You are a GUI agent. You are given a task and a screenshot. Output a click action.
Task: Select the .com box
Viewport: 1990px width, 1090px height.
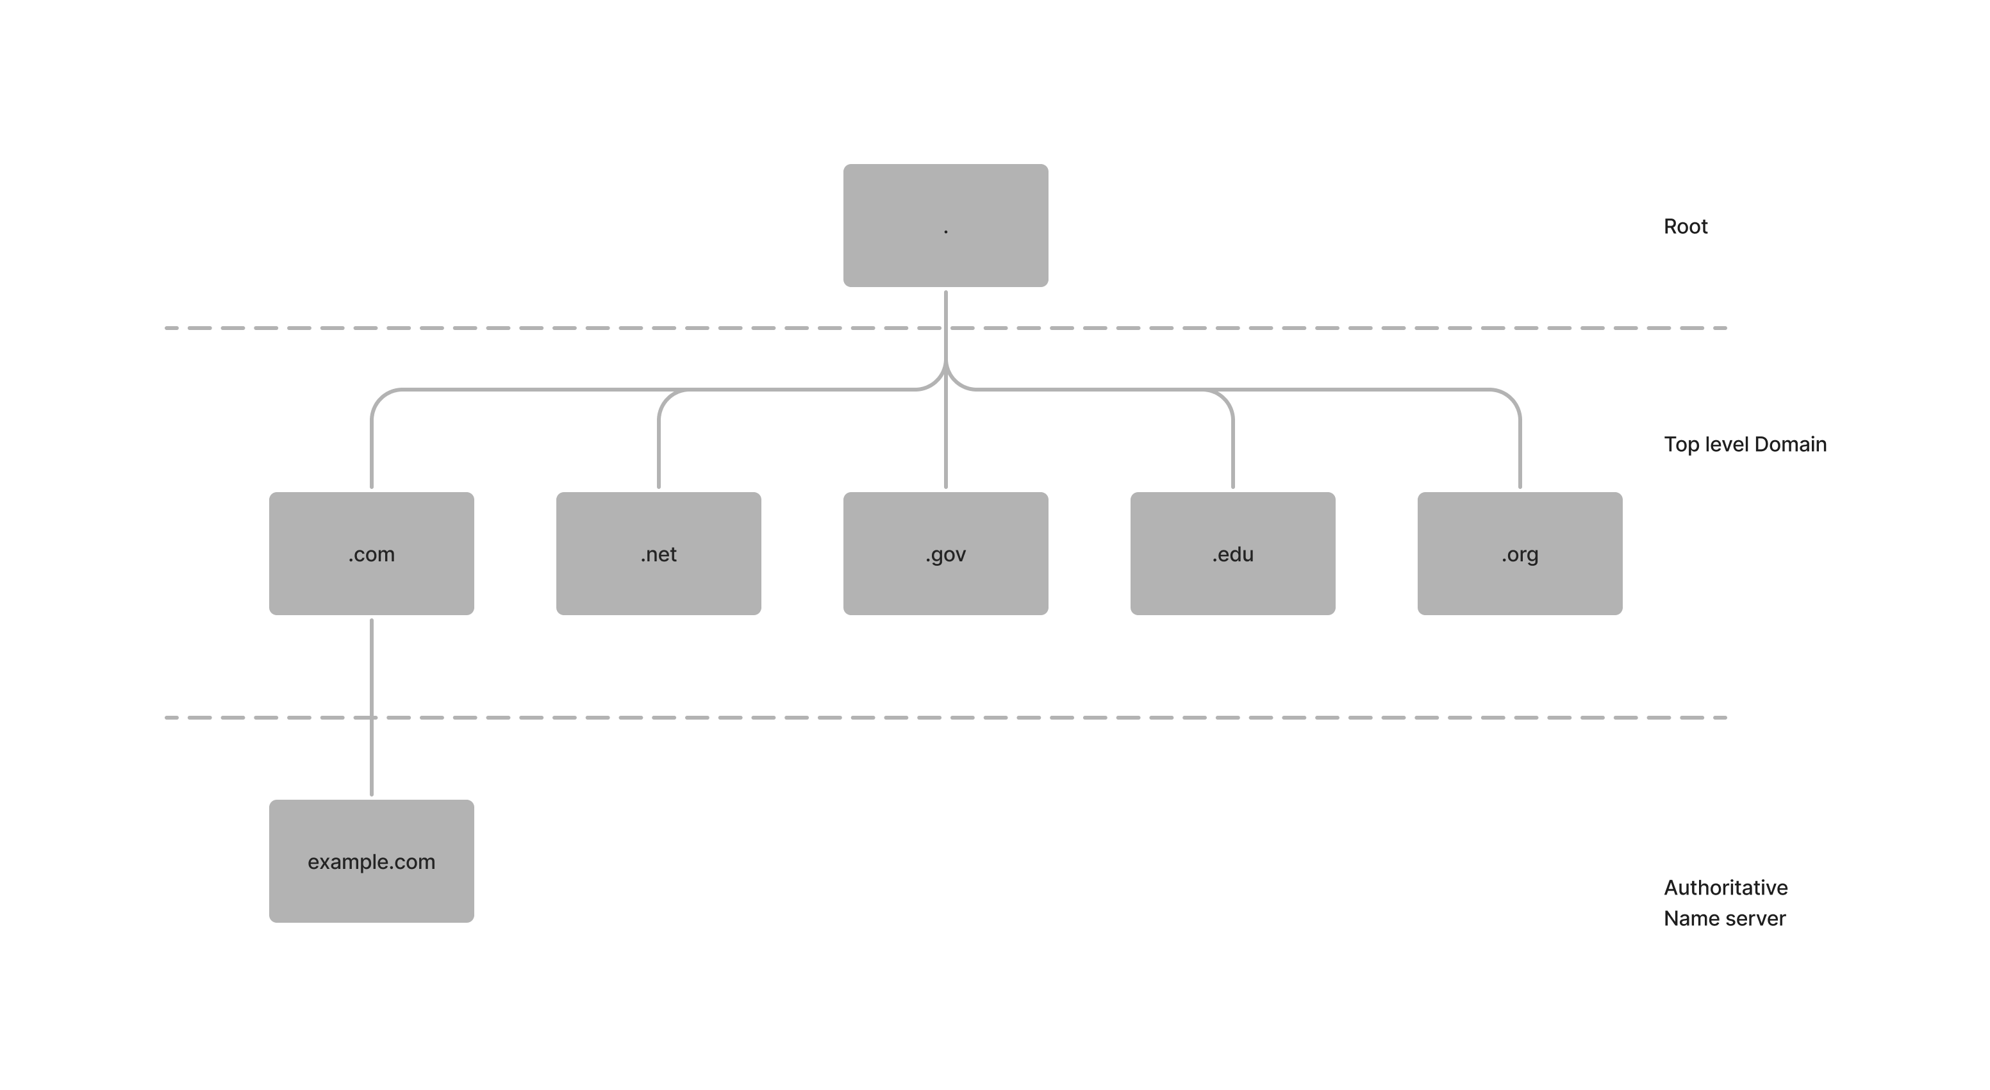(x=372, y=553)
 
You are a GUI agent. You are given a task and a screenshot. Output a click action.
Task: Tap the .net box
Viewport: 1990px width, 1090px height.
(x=658, y=553)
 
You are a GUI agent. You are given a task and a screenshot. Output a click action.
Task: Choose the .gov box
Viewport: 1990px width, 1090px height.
(x=945, y=553)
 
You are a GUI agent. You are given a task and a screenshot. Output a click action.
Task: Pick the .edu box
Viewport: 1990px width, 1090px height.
(x=1232, y=553)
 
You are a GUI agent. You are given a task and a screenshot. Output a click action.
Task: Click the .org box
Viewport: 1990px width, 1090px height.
(x=1520, y=553)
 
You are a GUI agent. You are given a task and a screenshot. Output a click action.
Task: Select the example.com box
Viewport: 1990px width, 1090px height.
(x=372, y=861)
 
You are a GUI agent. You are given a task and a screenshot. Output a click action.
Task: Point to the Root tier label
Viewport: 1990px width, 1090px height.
(x=1685, y=227)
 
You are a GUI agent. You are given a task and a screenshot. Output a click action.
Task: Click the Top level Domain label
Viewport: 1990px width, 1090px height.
(x=1745, y=445)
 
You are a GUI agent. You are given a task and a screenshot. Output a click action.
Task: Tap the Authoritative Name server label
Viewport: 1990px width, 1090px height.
(x=1725, y=903)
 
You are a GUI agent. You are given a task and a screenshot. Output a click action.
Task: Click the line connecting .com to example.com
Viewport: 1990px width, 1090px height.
(x=372, y=672)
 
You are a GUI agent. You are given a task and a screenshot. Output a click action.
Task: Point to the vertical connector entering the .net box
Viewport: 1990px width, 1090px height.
(x=658, y=456)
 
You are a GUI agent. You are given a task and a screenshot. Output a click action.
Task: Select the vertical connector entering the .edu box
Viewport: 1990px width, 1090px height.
(x=1233, y=456)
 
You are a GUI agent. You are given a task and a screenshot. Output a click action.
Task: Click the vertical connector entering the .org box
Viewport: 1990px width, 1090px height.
(x=1520, y=456)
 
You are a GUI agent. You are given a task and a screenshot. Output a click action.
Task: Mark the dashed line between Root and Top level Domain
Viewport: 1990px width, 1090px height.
(x=541, y=328)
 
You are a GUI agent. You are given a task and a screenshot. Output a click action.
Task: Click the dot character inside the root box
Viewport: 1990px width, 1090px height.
(x=945, y=230)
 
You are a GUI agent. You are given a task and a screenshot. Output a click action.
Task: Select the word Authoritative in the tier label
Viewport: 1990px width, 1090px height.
(x=1725, y=888)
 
